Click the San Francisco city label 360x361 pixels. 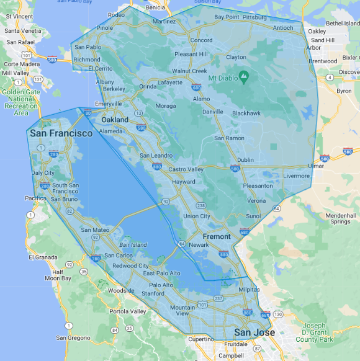pyautogui.click(x=61, y=133)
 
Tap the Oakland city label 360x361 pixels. pyautogui.click(x=115, y=120)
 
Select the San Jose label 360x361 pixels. pyautogui.click(x=254, y=332)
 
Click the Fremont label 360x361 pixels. pyautogui.click(x=217, y=236)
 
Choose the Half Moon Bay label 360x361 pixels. pyautogui.click(x=58, y=275)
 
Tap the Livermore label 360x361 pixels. pyautogui.click(x=296, y=176)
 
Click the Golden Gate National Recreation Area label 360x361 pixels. pyautogui.click(x=20, y=102)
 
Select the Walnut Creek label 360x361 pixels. pyautogui.click(x=189, y=71)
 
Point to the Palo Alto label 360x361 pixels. pyautogui.click(x=161, y=285)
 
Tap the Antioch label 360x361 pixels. pyautogui.click(x=282, y=27)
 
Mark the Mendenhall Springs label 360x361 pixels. pyautogui.click(x=340, y=218)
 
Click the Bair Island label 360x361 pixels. pyautogui.click(x=133, y=245)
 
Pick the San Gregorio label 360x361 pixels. pyautogui.click(x=73, y=338)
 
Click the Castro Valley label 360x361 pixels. pyautogui.click(x=186, y=169)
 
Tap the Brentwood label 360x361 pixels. pyautogui.click(x=322, y=61)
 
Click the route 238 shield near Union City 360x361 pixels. pyautogui.click(x=200, y=205)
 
